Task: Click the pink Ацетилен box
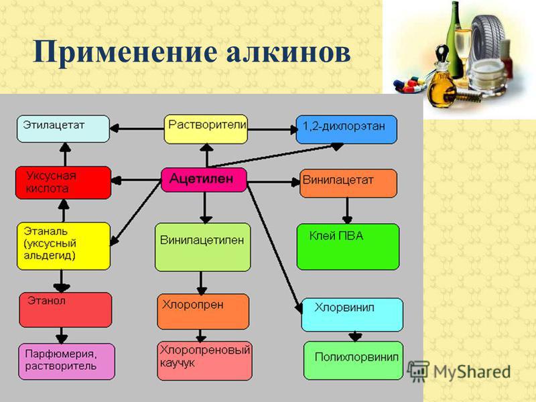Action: [x=204, y=180]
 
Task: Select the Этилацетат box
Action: [x=63, y=129]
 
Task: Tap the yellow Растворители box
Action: [x=206, y=129]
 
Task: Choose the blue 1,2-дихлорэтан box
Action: [x=346, y=129]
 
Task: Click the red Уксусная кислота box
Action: [x=63, y=183]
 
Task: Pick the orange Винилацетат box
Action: [x=348, y=183]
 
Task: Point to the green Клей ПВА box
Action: [x=348, y=247]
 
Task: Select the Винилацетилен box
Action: [x=203, y=247]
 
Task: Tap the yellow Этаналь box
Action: [x=64, y=246]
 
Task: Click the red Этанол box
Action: [x=65, y=310]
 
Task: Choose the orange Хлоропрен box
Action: [x=203, y=312]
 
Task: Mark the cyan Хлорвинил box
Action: [x=352, y=315]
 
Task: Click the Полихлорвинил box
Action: [x=354, y=360]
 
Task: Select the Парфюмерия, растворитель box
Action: [x=66, y=362]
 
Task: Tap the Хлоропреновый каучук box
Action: [x=204, y=361]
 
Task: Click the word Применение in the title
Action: [x=125, y=53]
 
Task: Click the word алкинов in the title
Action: [x=289, y=53]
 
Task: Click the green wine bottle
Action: [x=455, y=40]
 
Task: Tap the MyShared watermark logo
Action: [x=459, y=371]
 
